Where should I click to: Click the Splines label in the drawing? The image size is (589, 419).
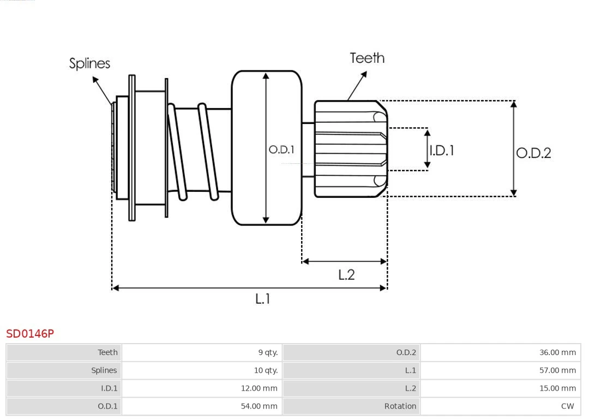coord(89,63)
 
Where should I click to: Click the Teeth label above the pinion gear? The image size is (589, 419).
coord(366,58)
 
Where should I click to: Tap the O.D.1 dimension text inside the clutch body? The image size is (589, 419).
coord(281,149)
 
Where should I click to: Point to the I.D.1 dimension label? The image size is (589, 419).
coord(441,150)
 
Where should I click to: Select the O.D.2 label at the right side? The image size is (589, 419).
coord(533,153)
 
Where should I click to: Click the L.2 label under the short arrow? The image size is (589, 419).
coord(346,275)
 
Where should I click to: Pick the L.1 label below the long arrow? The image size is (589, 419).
coord(262,299)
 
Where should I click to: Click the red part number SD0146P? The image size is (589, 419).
coord(30,333)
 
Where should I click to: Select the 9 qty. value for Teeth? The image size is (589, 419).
coord(268,352)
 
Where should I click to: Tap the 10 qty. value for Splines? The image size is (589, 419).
coord(266,370)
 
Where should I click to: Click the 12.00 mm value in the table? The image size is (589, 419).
coord(259,388)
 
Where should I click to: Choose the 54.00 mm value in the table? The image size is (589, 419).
coord(259,406)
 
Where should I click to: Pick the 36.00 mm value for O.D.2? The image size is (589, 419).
coord(557,352)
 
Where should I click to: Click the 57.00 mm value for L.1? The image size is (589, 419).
coord(557,370)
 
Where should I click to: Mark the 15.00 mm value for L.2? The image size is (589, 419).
coord(557,388)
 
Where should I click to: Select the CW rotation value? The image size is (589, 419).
coord(567,406)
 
